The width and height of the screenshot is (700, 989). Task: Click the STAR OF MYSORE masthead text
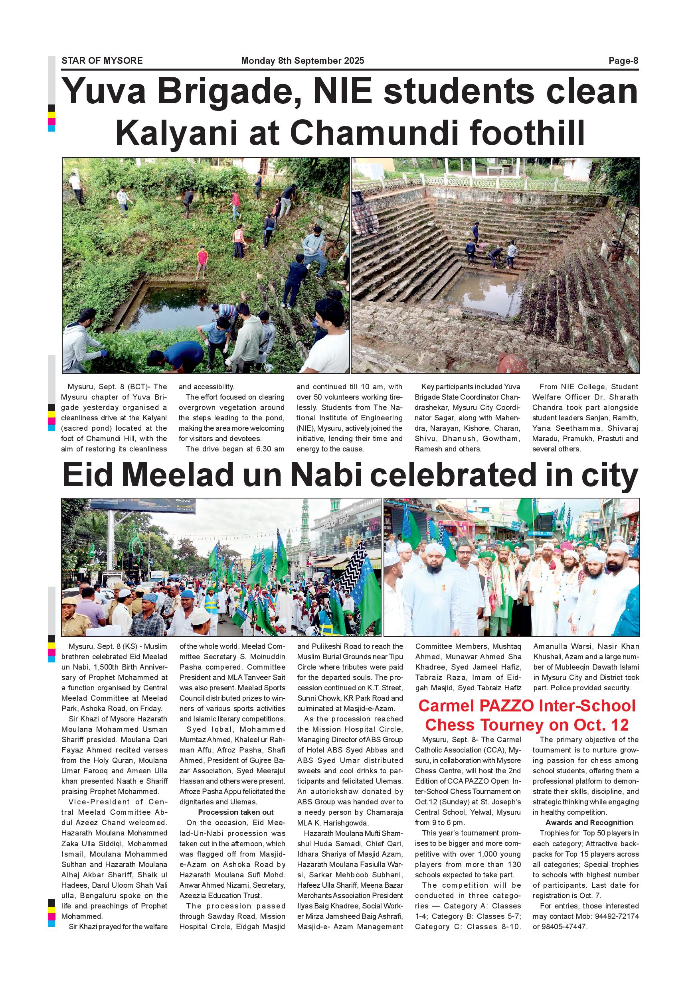point(102,61)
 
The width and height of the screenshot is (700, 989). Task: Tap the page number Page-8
point(623,61)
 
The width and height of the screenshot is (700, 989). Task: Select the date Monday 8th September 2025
point(303,61)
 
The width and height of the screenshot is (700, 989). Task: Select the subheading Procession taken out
point(236,812)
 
